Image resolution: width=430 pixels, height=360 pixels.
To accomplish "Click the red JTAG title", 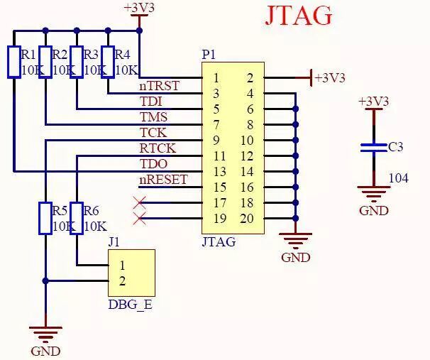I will coord(299,16).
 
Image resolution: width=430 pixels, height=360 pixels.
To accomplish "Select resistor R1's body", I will coord(13,61).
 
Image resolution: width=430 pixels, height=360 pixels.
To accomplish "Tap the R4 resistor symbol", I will coord(108,61).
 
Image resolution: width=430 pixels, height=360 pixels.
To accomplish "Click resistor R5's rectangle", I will coord(45,218).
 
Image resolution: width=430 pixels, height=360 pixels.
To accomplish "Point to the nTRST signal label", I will coord(159,86).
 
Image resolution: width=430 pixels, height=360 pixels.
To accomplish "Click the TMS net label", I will coord(154,117).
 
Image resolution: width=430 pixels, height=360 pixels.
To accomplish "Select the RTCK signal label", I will coord(158,148).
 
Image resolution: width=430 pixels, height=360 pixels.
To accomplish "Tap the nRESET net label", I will coord(163,180).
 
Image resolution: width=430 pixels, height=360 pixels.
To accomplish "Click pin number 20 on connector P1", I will coord(246,218).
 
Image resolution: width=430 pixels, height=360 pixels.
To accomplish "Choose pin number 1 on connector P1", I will coord(216,77).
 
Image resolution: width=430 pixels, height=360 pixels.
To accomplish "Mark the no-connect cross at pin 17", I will coord(139,203).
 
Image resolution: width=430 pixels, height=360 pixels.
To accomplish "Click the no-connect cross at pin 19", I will coord(139,219).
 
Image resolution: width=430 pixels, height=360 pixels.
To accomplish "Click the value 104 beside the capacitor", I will coord(399,178).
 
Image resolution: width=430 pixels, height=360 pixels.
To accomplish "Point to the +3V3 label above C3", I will coord(374,102).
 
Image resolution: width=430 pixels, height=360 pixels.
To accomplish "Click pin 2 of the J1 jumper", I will coord(122,280).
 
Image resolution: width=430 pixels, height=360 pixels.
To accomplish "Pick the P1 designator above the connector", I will coord(209,55).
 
